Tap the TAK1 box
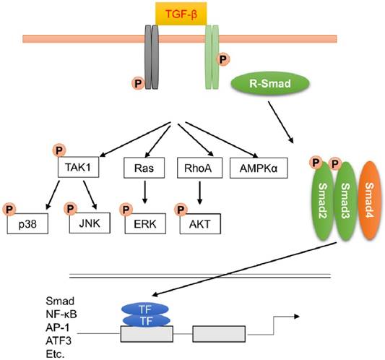(77, 168)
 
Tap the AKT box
(199, 223)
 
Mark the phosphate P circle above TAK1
(58, 151)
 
